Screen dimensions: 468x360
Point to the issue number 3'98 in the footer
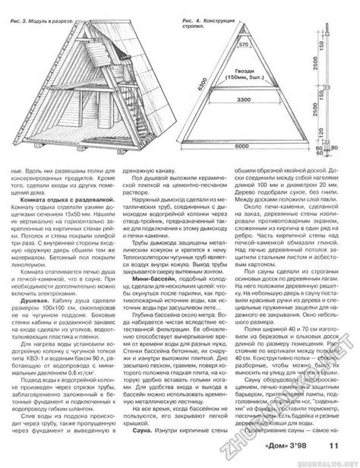coord(319,453)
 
